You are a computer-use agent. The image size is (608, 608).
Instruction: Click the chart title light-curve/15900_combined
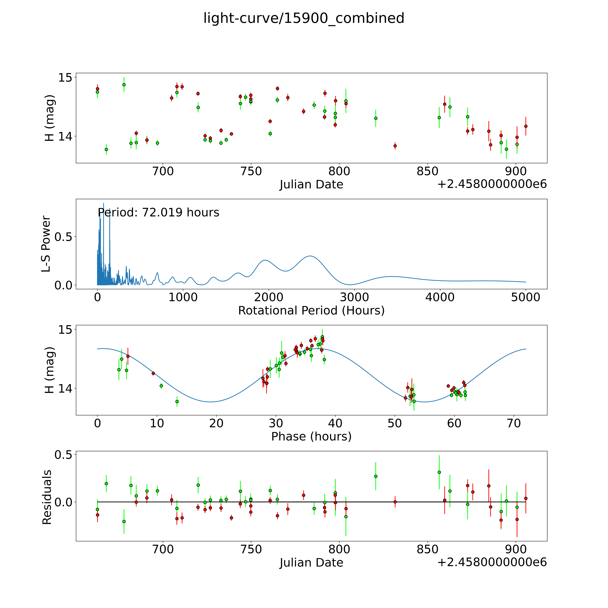[x=304, y=18]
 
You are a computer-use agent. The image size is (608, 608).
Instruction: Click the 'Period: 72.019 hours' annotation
[x=158, y=213]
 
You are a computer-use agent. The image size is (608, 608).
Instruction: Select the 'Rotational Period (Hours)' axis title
[x=311, y=311]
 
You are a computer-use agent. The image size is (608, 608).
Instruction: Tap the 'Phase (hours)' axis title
[x=311, y=437]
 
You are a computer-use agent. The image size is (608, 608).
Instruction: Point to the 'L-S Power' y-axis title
[x=46, y=244]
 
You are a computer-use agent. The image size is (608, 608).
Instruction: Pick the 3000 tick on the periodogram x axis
[x=354, y=297]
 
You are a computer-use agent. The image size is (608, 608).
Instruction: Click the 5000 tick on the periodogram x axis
[x=526, y=297]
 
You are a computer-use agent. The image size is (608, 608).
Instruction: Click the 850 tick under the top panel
[x=427, y=171]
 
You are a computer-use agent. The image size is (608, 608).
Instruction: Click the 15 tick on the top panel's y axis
[x=65, y=77]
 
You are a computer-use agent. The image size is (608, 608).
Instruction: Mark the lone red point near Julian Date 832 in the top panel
[x=395, y=146]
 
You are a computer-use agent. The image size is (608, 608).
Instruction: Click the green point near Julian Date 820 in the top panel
[x=375, y=118]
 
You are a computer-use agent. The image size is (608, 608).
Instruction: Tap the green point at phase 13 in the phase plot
[x=177, y=401]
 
